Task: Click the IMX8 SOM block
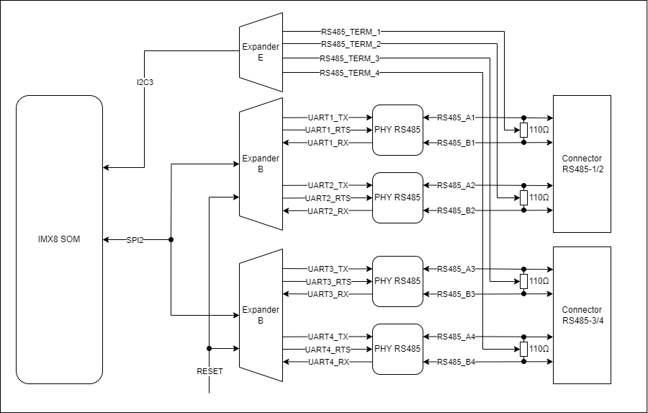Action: pos(59,239)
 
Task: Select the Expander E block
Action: pos(260,53)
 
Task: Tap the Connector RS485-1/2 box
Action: pos(581,164)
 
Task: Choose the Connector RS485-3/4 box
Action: pos(581,315)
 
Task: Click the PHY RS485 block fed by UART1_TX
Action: pos(397,130)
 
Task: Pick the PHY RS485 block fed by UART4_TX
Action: pos(397,349)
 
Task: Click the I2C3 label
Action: pos(145,83)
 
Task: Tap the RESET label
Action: pos(210,372)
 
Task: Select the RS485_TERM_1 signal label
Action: pos(351,32)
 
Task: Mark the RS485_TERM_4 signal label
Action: pos(349,73)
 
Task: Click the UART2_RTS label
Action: pos(328,198)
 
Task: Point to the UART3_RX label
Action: pos(328,294)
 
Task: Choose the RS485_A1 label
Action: pos(456,117)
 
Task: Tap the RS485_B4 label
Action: pos(456,362)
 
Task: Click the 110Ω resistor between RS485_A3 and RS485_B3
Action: pos(523,281)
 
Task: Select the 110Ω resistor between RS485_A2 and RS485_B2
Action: pos(523,198)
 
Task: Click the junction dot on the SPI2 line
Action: pos(171,239)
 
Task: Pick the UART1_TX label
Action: pos(328,117)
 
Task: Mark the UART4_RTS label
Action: pos(328,350)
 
